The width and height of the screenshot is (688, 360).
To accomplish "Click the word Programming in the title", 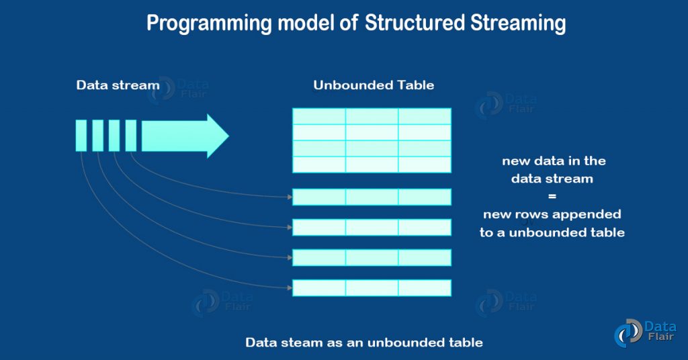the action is pos(210,24).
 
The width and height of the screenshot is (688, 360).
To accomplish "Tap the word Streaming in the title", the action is pos(518,24).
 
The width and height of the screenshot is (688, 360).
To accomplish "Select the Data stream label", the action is pos(118,85).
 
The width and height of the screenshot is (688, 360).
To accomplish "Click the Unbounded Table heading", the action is pos(374,85).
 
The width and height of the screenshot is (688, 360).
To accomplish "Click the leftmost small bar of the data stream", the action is pos(81,136).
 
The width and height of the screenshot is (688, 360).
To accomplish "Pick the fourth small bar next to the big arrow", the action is pos(131,136).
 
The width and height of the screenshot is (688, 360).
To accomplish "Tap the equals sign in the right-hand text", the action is pos(552,196).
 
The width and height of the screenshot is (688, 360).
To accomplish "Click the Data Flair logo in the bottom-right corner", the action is pos(645,333).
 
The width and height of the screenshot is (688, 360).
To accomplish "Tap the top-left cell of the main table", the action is pos(319,116).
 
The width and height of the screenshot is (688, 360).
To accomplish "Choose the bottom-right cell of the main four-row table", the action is pos(425,165).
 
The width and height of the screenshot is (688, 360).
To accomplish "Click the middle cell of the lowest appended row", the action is pos(372,288).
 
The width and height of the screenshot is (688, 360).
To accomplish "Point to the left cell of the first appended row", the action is pos(319,197).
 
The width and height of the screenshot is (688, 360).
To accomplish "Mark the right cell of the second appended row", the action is pos(425,227).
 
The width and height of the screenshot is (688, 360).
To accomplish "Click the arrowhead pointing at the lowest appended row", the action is pos(290,288).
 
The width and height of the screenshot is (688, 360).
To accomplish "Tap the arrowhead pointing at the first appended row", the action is pos(290,197).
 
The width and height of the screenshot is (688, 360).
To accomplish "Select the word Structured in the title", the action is pos(415,24).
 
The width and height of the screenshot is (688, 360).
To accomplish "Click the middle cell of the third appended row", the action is pos(372,258).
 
